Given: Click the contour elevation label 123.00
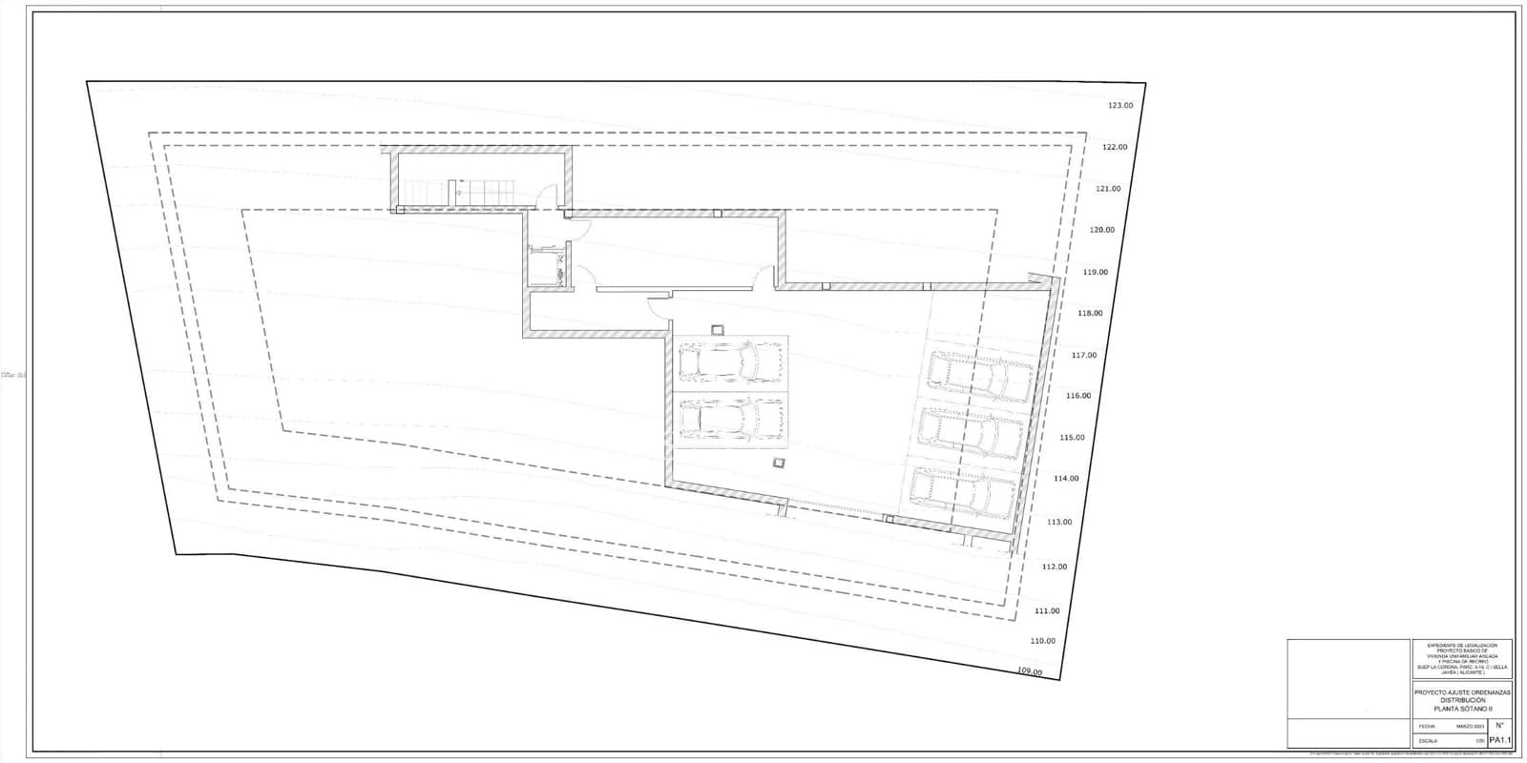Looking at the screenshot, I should point(1119,106).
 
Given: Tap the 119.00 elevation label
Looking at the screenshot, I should point(1096,272).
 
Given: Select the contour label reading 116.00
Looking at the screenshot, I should point(1077,396).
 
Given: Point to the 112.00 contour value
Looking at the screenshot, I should point(1055,567).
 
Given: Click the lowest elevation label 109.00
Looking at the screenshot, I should point(1030,671).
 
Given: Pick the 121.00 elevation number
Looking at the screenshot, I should point(1108,189).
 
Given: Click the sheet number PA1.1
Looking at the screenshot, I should point(1498,739).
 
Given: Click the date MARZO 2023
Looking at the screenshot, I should point(1471,727).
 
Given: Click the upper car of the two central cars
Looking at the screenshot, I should point(730,361).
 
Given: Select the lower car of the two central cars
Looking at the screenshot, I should point(730,417).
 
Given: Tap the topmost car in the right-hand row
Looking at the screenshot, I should point(981,376).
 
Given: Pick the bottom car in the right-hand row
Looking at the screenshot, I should point(962,492).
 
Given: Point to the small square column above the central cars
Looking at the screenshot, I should point(717,330).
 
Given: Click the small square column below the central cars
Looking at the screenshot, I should point(780,463).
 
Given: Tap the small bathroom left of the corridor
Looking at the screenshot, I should point(550,266).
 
